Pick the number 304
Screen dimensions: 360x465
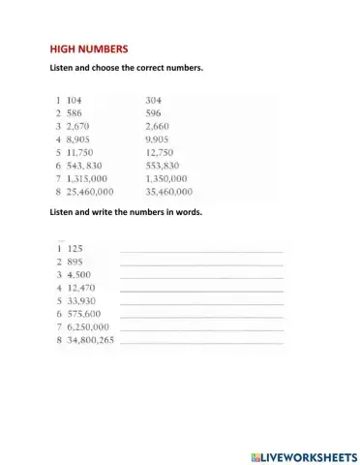tap(154, 100)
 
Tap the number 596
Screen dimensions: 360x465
tap(154, 113)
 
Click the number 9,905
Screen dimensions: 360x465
tap(158, 139)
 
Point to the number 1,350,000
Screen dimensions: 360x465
tap(171, 178)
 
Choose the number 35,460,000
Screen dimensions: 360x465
tap(174, 192)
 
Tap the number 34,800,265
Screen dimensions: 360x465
tap(93, 341)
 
